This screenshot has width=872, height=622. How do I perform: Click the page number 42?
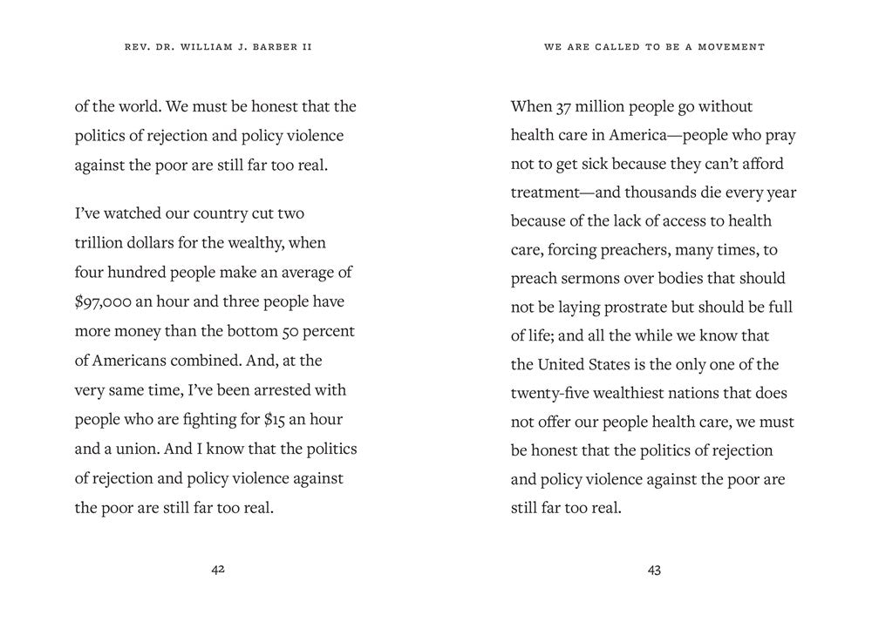[218, 570]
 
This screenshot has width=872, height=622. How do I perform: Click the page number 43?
[654, 570]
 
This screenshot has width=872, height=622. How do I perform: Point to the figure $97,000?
[105, 301]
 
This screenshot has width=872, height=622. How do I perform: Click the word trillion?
[102, 244]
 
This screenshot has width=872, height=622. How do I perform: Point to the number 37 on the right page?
[565, 107]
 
